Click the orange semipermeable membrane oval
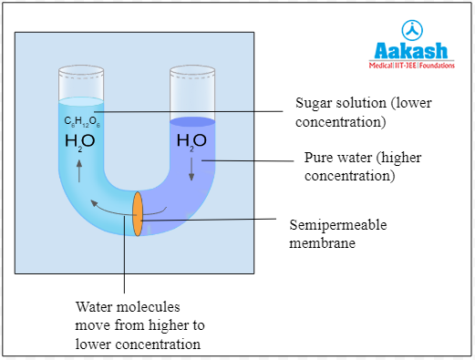[138, 213]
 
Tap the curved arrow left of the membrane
[114, 209]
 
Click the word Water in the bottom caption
[95, 307]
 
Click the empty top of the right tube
[192, 90]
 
